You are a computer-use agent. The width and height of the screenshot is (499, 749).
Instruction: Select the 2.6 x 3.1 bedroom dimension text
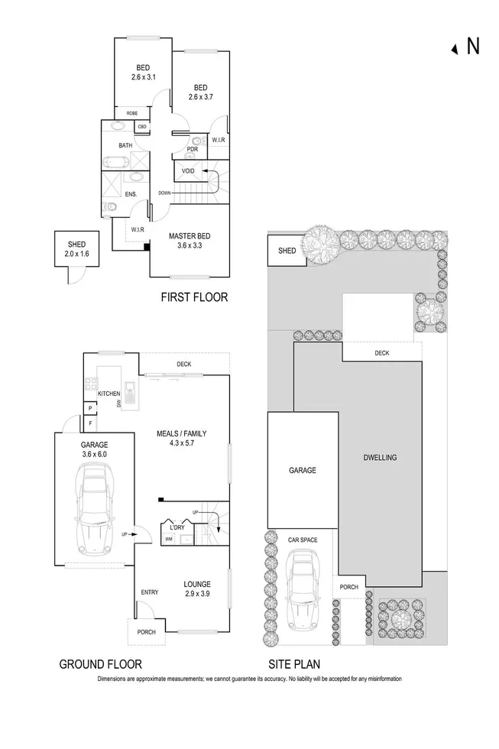[x=143, y=76]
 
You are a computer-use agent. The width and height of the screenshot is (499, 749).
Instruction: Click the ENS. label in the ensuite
[x=131, y=194]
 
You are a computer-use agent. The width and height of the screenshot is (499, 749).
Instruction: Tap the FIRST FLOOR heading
[x=193, y=297]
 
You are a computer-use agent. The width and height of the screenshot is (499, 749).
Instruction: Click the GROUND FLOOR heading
[x=100, y=664]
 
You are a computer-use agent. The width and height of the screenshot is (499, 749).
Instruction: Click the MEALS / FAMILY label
[x=180, y=433]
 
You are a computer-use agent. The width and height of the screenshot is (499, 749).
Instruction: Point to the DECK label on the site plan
[x=382, y=353]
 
